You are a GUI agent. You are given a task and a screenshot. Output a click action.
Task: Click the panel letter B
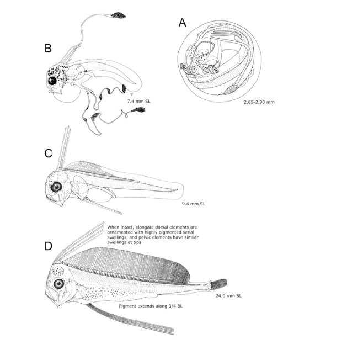coord(48,49)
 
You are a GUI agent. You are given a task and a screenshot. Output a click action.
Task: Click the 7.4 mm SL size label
coord(139,102)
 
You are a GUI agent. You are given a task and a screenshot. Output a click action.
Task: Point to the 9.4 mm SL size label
coord(194,204)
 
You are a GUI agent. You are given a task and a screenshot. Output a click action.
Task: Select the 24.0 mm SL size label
coord(228,295)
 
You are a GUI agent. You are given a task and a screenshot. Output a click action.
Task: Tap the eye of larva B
coord(53,81)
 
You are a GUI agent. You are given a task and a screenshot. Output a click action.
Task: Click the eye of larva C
coord(56,187)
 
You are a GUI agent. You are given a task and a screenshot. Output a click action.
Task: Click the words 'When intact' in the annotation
coord(120,227)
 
